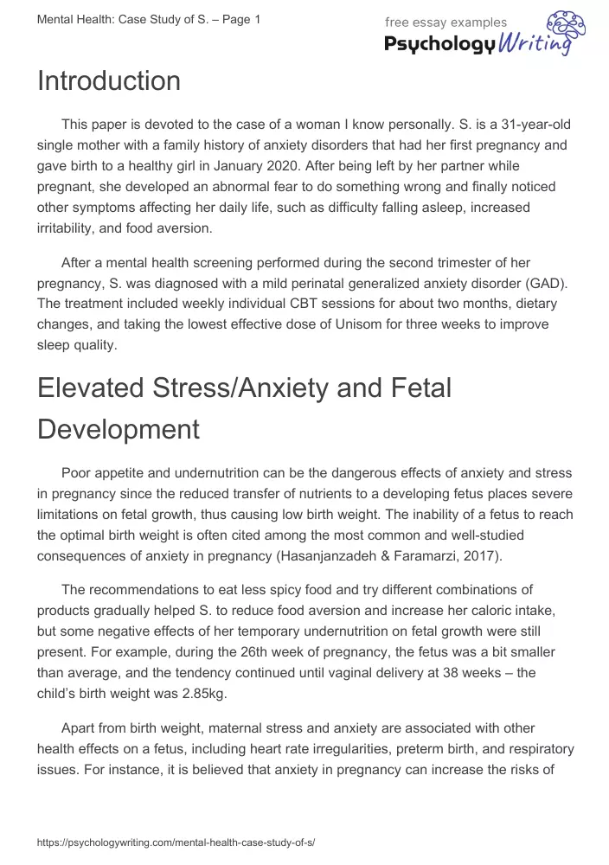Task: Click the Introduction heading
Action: pos(109,81)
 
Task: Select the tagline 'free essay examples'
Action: pos(446,22)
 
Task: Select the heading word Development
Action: pos(119,429)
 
